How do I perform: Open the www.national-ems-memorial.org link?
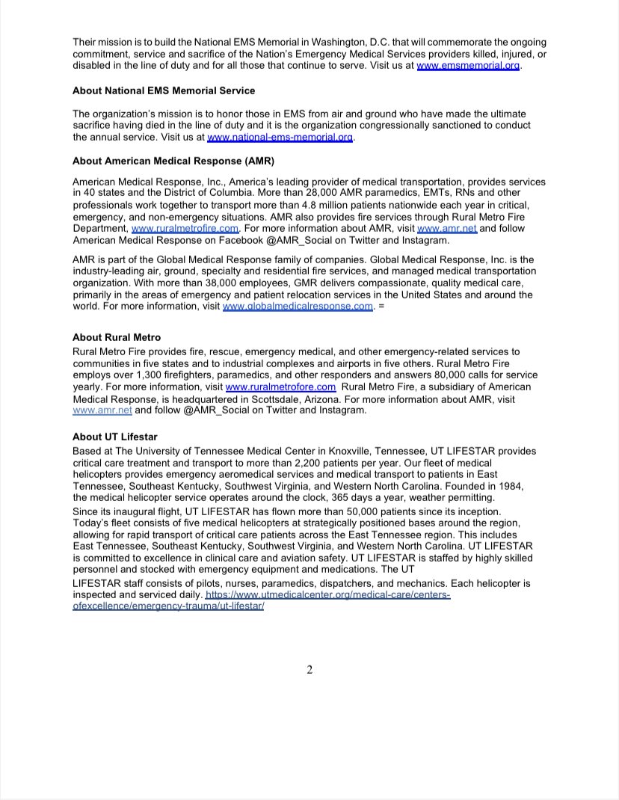[x=280, y=138]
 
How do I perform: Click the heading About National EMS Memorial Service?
[x=164, y=90]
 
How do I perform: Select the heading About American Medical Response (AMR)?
[x=173, y=161]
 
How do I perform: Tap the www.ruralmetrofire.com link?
[x=185, y=229]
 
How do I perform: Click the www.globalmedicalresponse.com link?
[x=298, y=307]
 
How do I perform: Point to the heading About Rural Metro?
[x=117, y=337]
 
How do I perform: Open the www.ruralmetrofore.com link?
[x=280, y=387]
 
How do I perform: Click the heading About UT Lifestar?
[x=115, y=437]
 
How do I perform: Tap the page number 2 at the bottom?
[x=309, y=670]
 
